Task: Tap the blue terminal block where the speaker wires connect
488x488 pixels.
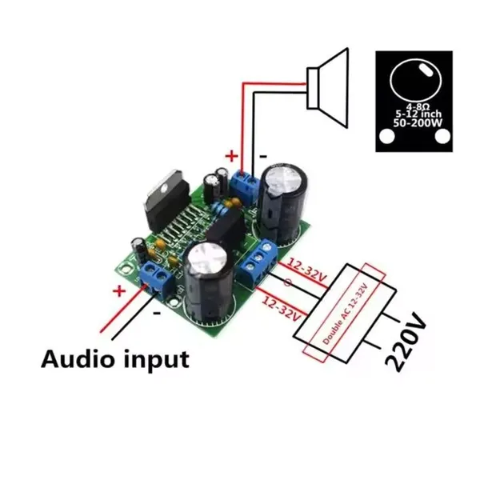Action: point(244,186)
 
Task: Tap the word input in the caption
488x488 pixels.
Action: point(156,359)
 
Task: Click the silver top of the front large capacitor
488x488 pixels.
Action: point(208,261)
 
